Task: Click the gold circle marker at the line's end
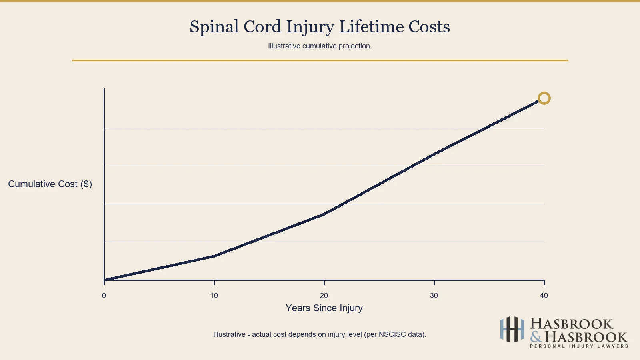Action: coord(544,98)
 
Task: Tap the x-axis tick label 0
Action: coord(104,296)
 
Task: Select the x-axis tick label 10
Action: coord(214,296)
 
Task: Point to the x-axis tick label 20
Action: coord(324,296)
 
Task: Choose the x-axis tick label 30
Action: coord(434,296)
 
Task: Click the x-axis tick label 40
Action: coord(544,296)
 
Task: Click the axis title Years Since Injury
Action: coord(324,308)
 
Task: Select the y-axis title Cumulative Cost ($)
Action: coord(50,184)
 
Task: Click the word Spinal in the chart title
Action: coord(214,27)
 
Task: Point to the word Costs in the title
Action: coord(429,27)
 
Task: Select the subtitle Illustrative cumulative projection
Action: coord(320,46)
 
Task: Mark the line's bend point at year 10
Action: coord(214,256)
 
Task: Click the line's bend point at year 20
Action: coord(324,214)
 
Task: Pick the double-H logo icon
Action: coord(512,330)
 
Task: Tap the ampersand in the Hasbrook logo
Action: coord(536,337)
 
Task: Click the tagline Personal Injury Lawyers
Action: coord(579,346)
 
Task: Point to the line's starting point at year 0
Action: coord(104,280)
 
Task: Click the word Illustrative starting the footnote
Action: coord(229,334)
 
